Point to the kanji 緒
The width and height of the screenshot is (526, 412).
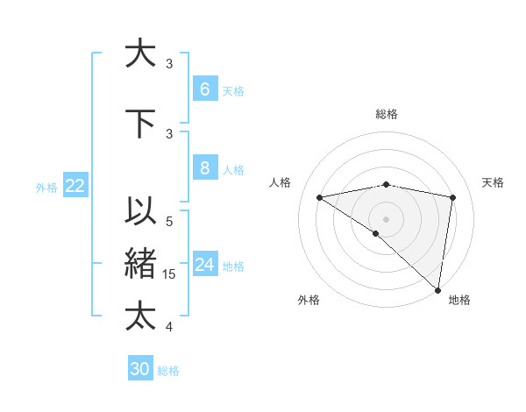click(141, 264)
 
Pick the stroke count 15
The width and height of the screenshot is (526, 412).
click(171, 274)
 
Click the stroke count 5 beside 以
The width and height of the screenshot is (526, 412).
click(169, 222)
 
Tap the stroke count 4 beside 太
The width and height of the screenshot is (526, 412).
click(169, 327)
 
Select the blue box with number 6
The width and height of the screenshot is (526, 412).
click(204, 89)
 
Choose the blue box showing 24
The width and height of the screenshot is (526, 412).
click(204, 265)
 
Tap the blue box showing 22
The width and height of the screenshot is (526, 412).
click(75, 186)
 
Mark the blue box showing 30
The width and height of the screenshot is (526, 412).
click(139, 369)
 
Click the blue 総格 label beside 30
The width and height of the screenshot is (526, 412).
click(168, 371)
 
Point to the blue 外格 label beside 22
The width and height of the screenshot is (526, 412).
click(46, 187)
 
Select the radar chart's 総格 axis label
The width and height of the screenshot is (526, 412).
click(386, 114)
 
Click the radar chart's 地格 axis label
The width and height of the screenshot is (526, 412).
click(459, 300)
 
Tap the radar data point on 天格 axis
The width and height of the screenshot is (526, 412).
click(453, 197)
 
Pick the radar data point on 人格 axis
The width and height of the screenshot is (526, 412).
click(319, 197)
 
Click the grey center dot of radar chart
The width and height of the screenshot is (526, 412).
click(386, 218)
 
